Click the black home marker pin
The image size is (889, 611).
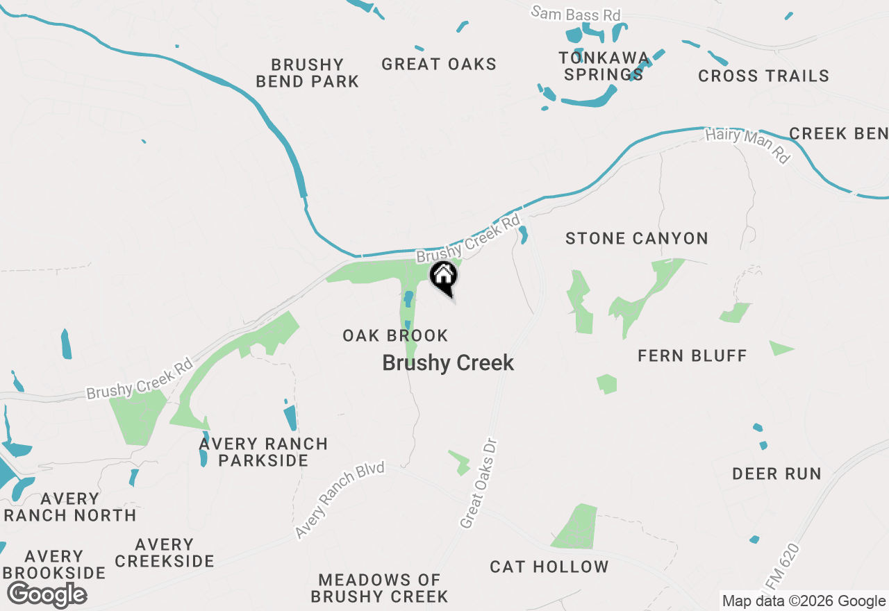(x=444, y=277)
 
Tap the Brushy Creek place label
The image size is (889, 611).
(x=448, y=362)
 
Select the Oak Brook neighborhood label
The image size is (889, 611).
(x=395, y=335)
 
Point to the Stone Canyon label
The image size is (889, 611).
(x=636, y=238)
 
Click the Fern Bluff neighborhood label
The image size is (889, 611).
(x=692, y=355)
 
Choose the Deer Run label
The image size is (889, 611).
(x=776, y=474)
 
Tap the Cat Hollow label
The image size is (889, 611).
(x=549, y=567)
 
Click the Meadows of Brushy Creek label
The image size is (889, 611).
(x=379, y=587)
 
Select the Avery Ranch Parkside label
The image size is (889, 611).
(x=263, y=452)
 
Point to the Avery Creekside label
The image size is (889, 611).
(x=165, y=553)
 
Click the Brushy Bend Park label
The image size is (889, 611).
(x=307, y=73)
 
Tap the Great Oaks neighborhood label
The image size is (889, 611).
(x=439, y=65)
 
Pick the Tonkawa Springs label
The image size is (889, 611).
(x=604, y=66)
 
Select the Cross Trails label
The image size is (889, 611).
(x=763, y=76)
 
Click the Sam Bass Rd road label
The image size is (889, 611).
(x=576, y=13)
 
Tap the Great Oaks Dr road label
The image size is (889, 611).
(x=479, y=483)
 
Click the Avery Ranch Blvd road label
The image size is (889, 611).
(x=340, y=500)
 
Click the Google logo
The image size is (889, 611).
(x=47, y=594)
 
